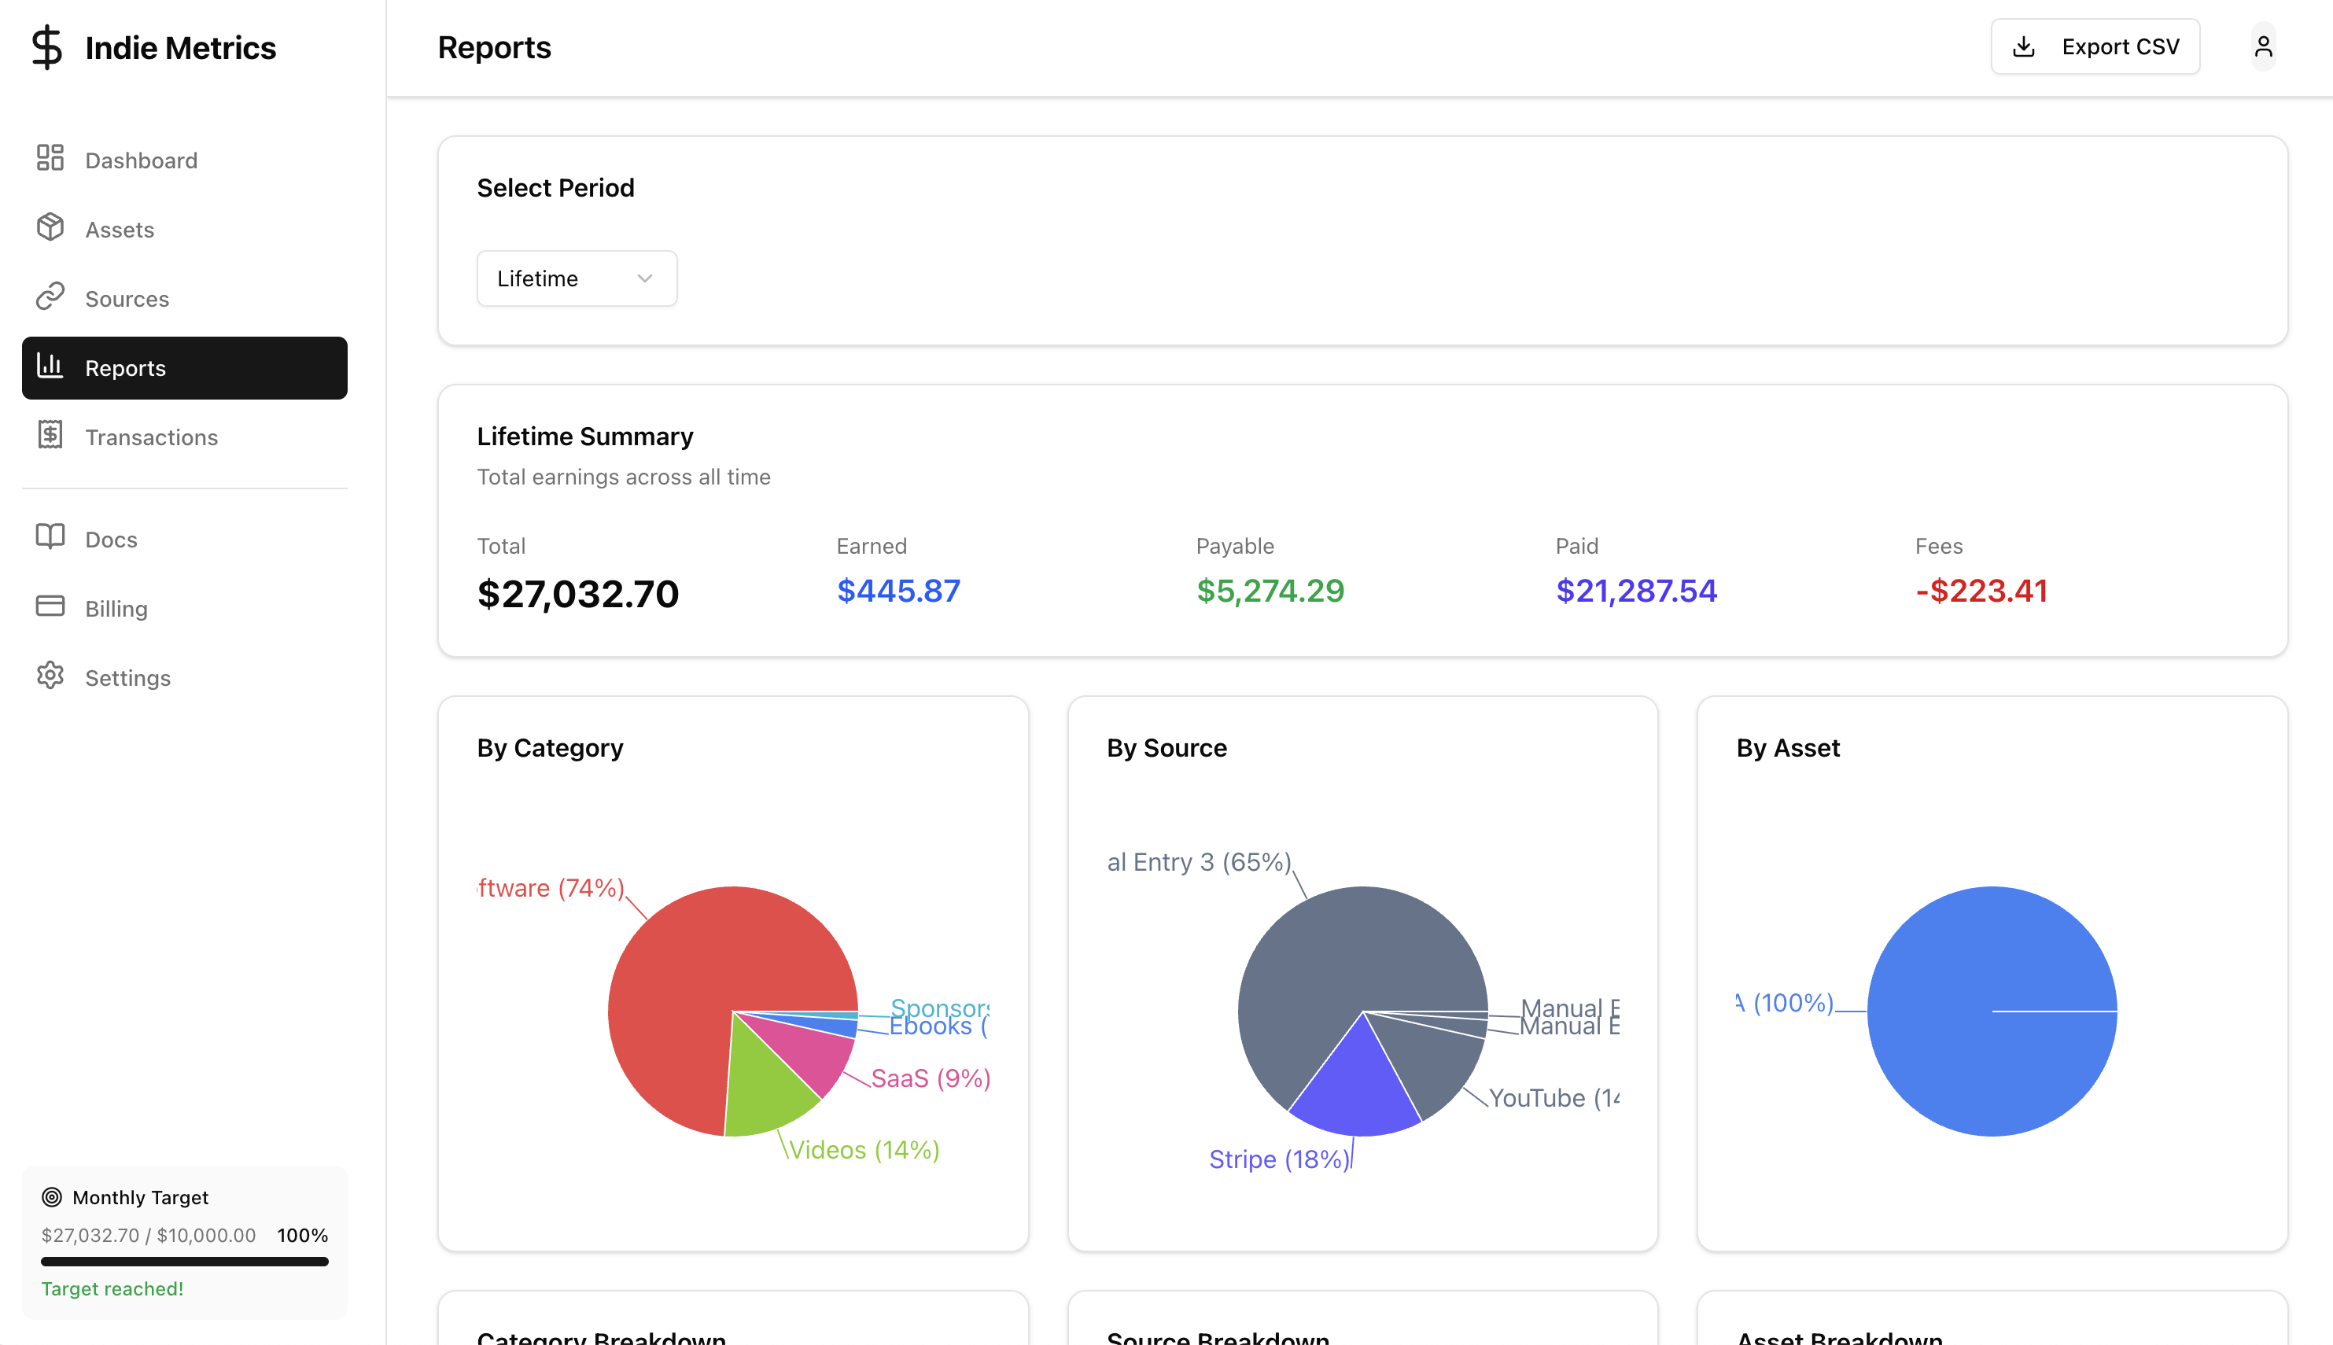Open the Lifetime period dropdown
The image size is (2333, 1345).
pyautogui.click(x=577, y=278)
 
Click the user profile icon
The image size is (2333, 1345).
pyautogui.click(x=2263, y=47)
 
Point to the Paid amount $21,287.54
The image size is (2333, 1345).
pyautogui.click(x=1635, y=591)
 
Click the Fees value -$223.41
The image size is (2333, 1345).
pyautogui.click(x=1981, y=591)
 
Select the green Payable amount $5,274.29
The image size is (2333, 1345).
pyautogui.click(x=1270, y=591)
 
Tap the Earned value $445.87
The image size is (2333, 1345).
pyautogui.click(x=897, y=591)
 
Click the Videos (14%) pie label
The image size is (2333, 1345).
pyautogui.click(x=864, y=1150)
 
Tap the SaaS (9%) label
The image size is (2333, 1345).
pyautogui.click(x=930, y=1078)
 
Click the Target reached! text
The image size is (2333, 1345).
pyautogui.click(x=112, y=1288)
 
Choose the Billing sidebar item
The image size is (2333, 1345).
pyautogui.click(x=116, y=609)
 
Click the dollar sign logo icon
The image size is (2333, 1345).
pyautogui.click(x=46, y=47)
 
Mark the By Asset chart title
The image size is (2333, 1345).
pyautogui.click(x=1787, y=748)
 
